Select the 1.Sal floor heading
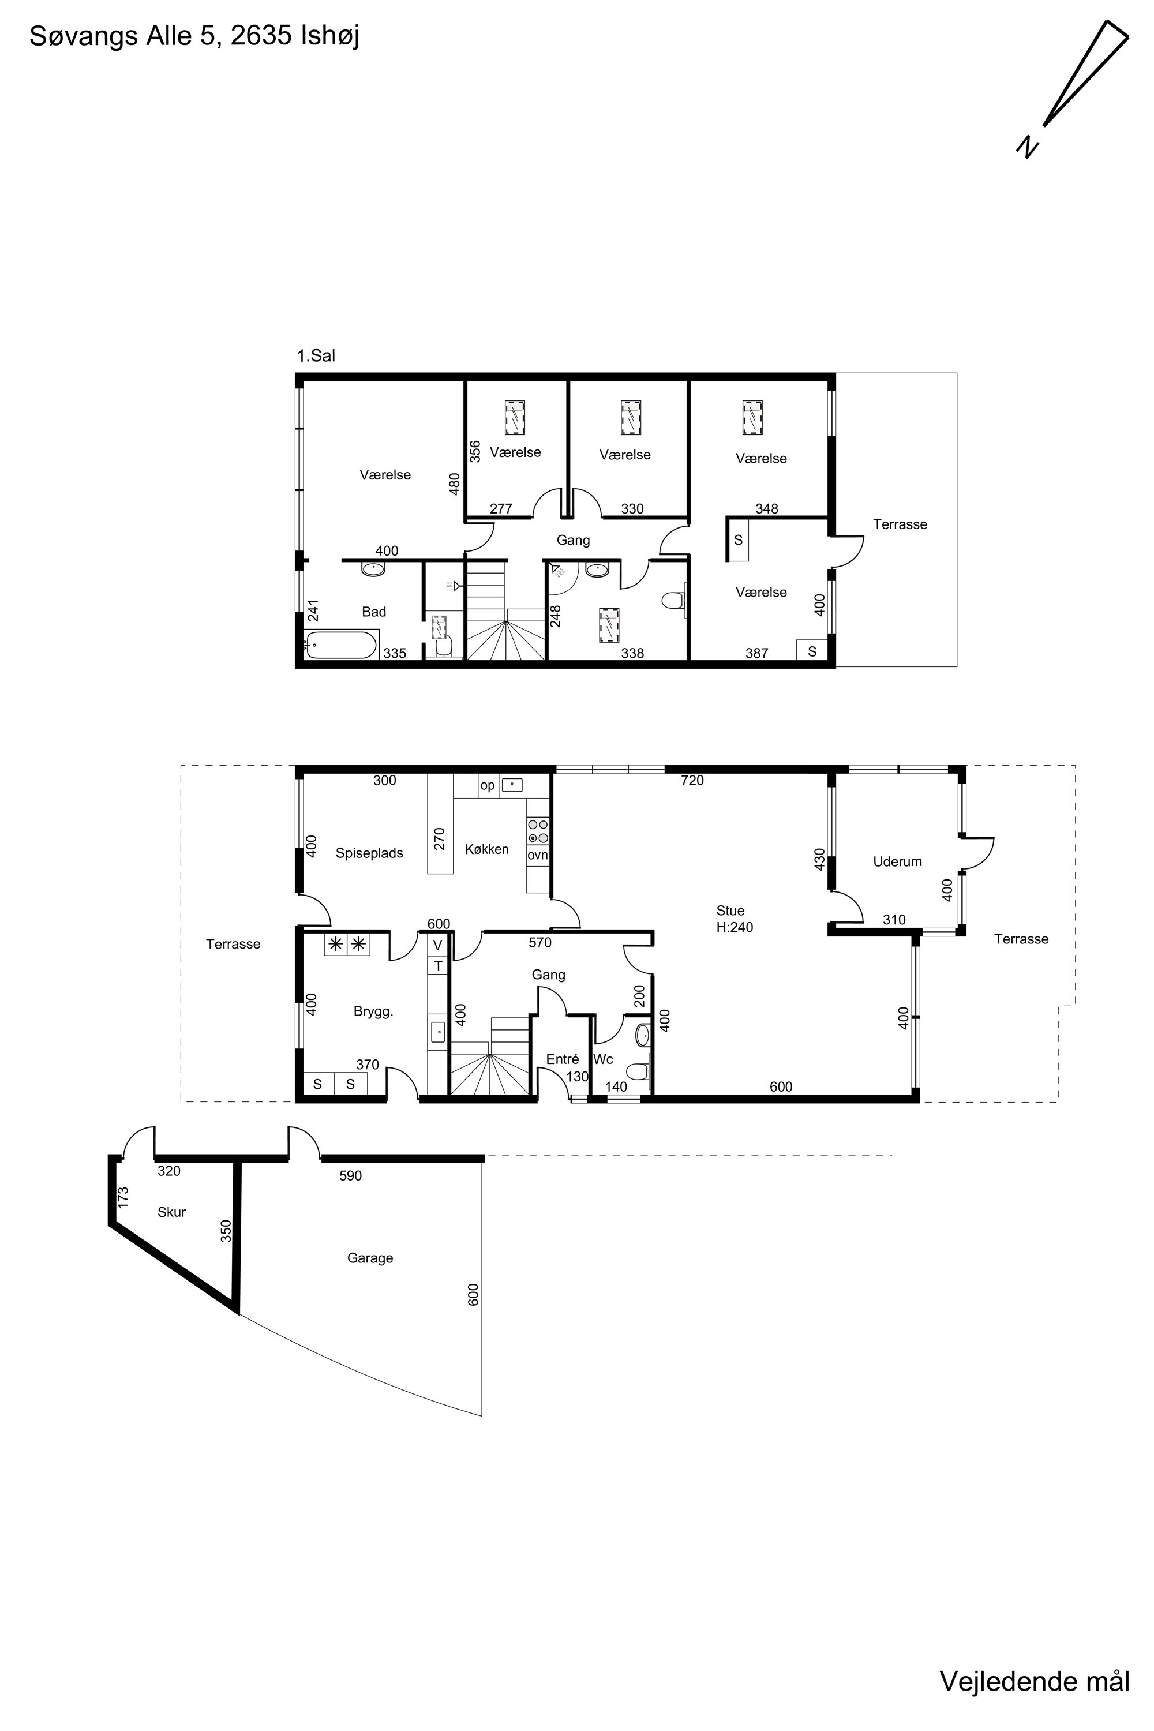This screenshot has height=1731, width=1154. click(x=316, y=356)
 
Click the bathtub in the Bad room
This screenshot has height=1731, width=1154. click(x=342, y=645)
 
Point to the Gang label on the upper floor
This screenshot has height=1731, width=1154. click(x=574, y=540)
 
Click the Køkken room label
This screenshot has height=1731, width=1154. click(x=486, y=849)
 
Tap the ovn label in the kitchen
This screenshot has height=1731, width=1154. click(x=537, y=855)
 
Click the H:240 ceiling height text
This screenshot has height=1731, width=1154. click(x=735, y=927)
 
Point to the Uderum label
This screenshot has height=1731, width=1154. click(x=897, y=862)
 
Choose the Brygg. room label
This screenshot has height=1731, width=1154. click(x=373, y=1012)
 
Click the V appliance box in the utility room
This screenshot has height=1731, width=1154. click(x=438, y=945)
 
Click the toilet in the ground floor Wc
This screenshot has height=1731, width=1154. click(x=638, y=1070)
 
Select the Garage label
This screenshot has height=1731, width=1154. click(x=370, y=1258)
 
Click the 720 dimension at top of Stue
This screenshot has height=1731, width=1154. click(x=692, y=780)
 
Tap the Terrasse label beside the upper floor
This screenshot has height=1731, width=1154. click(x=900, y=524)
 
